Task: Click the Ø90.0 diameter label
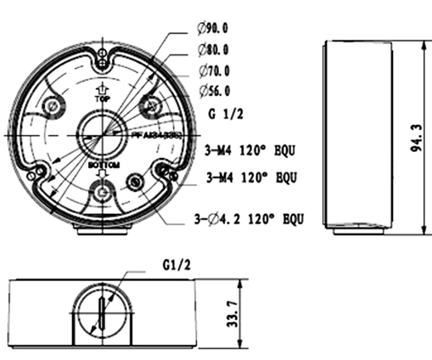point(213,28)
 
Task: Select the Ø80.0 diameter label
point(213,49)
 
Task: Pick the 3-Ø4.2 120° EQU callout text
point(249,220)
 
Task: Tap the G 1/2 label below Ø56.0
point(226,114)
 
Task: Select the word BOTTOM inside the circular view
point(104,165)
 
